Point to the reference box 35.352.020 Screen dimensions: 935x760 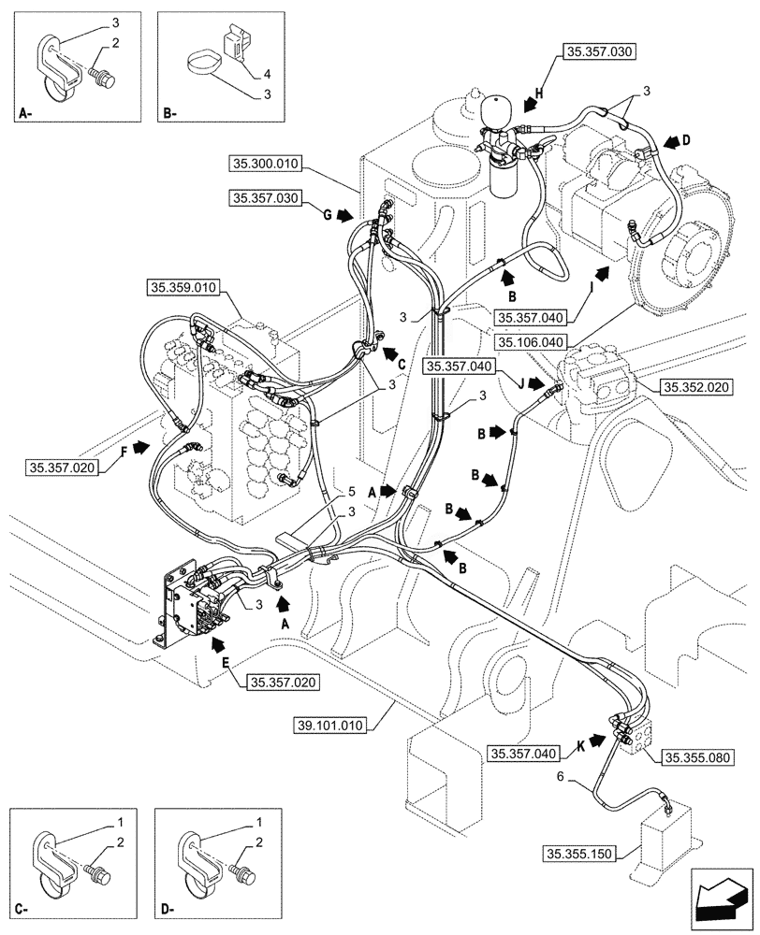point(695,386)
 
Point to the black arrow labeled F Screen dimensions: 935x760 point(139,448)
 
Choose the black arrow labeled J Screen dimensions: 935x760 point(533,382)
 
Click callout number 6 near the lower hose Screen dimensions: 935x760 point(561,776)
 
